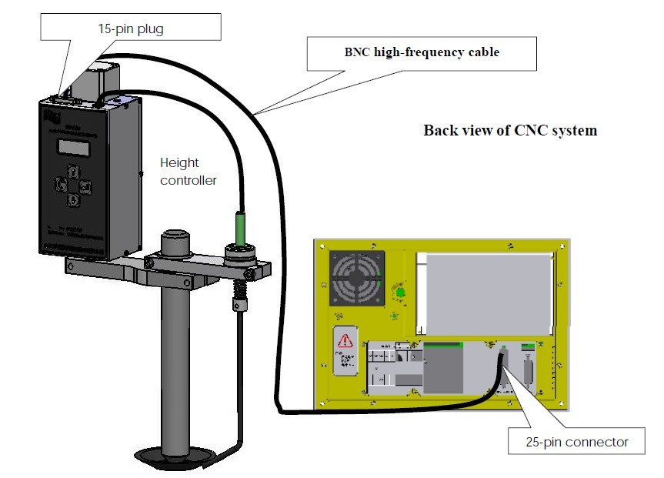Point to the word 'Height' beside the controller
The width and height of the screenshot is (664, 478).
click(179, 163)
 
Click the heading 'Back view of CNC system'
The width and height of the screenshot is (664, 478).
click(509, 130)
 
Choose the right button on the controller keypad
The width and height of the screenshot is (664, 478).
click(85, 186)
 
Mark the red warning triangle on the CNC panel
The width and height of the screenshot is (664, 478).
click(345, 340)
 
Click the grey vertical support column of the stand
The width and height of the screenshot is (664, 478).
click(176, 362)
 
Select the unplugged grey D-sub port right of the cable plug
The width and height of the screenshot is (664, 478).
click(529, 375)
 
